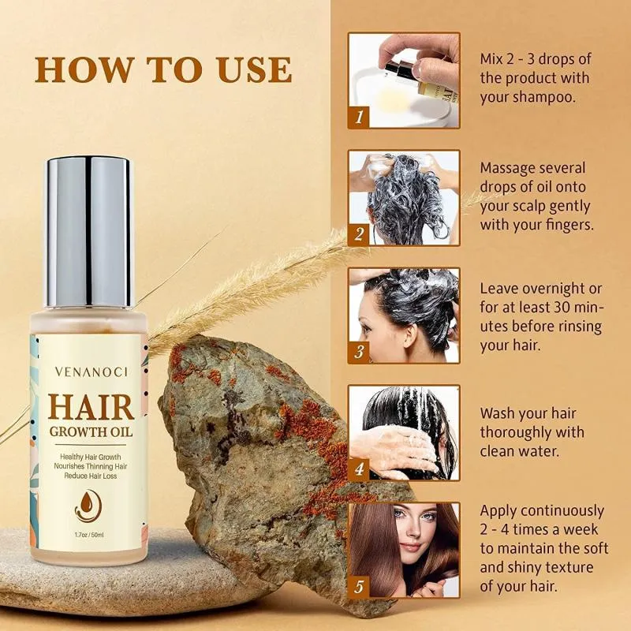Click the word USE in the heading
tap(254, 70)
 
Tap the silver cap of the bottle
tap(89, 232)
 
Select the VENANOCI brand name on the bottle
tap(91, 372)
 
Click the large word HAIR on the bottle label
tap(91, 407)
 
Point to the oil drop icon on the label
tap(88, 506)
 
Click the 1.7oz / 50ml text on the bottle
tap(89, 535)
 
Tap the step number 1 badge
tap(359, 117)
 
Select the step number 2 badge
tap(359, 233)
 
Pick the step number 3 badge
tap(359, 352)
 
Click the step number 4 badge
tap(359, 469)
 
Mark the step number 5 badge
tap(359, 586)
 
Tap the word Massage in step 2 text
tap(507, 168)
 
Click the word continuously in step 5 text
tap(561, 511)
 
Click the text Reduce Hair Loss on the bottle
tap(91, 476)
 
